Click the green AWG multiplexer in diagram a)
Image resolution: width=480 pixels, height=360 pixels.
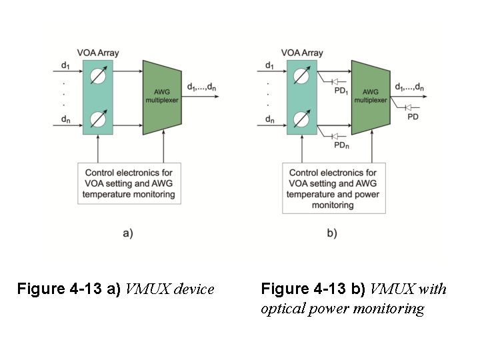point(162,97)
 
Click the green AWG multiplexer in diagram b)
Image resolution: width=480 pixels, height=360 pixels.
point(370,97)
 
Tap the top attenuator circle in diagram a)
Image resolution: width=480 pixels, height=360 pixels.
point(98,75)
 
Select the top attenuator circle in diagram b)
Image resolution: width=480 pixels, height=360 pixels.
point(302,75)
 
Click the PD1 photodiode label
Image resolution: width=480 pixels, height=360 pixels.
point(341,91)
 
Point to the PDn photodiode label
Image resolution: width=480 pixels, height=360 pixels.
point(341,145)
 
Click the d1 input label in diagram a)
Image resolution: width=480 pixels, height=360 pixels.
point(65,65)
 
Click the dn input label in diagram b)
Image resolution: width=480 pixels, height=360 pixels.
point(269,120)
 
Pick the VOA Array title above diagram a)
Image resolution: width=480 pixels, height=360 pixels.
point(98,53)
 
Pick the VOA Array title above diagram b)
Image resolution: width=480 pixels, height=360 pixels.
point(302,53)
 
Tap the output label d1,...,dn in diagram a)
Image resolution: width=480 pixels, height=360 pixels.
point(201,87)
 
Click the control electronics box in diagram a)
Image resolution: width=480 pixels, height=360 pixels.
point(129,183)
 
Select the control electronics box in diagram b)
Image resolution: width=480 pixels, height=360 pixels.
point(333,189)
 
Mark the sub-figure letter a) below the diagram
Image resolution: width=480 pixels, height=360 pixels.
point(129,233)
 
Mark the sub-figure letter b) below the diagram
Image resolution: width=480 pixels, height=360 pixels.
point(332,233)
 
